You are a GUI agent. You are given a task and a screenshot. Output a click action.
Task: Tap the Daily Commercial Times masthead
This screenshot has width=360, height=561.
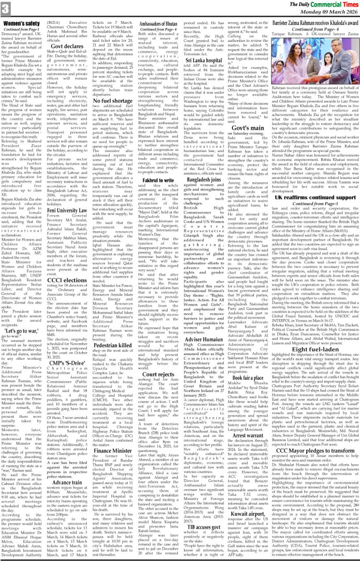316,5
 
